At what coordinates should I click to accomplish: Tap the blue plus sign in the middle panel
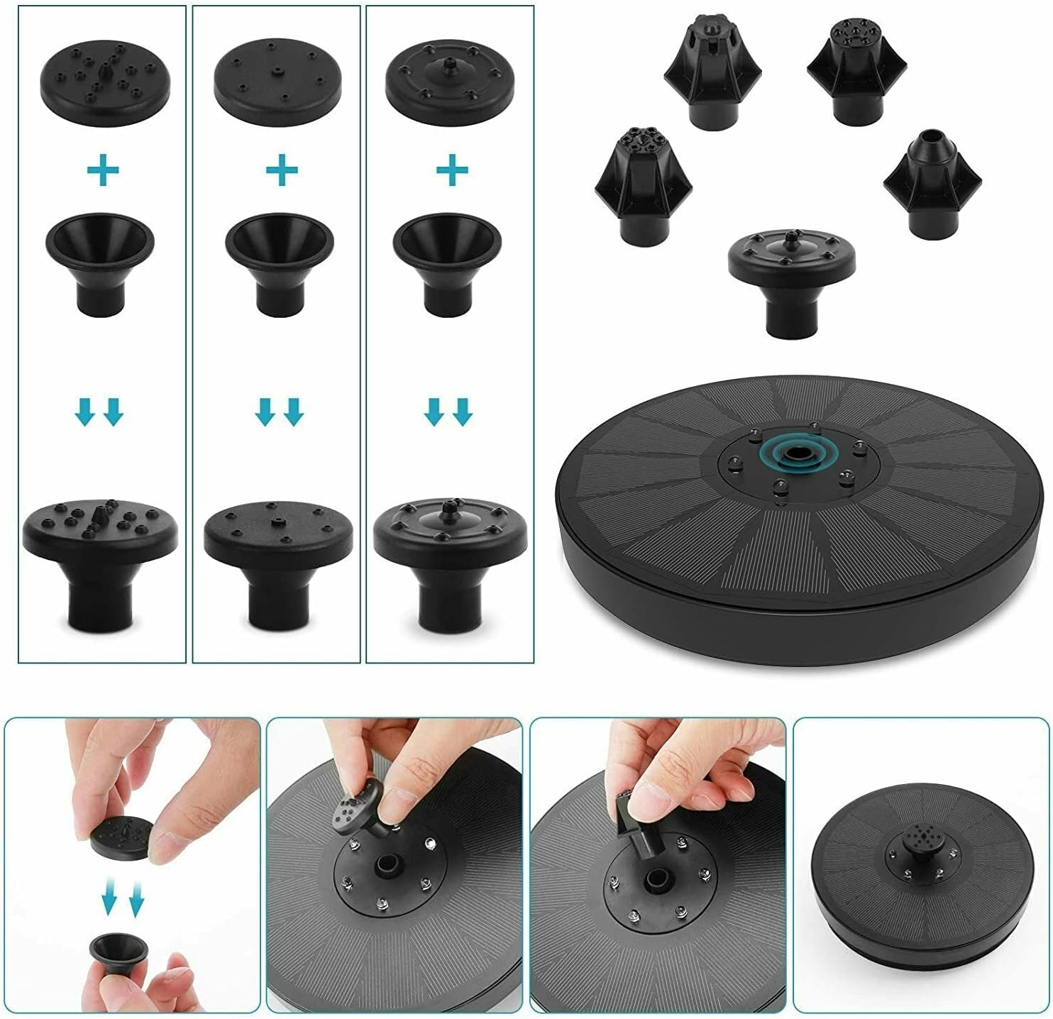(x=281, y=170)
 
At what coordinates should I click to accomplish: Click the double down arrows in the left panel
(x=100, y=412)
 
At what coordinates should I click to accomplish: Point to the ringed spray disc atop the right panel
(x=449, y=84)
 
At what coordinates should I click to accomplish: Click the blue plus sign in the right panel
(x=452, y=170)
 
